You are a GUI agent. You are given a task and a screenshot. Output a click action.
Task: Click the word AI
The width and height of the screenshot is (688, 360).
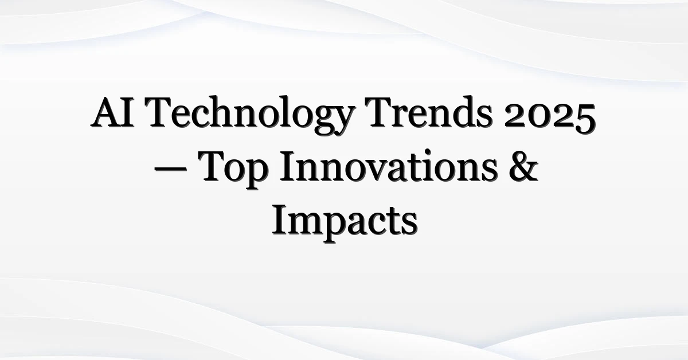coord(113,112)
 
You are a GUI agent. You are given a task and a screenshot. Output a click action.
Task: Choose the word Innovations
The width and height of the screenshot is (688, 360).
coord(388,166)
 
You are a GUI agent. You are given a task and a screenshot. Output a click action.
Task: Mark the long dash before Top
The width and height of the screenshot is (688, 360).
coord(170,170)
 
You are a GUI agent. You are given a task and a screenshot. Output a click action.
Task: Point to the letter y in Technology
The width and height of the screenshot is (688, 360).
coord(342,120)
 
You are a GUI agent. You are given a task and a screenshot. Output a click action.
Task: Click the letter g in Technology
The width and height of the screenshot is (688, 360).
coord(319,120)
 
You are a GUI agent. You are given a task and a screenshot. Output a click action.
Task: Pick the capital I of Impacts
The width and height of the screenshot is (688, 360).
coord(281,220)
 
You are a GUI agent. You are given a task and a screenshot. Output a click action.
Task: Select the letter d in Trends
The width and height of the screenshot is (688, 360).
coord(461,112)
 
